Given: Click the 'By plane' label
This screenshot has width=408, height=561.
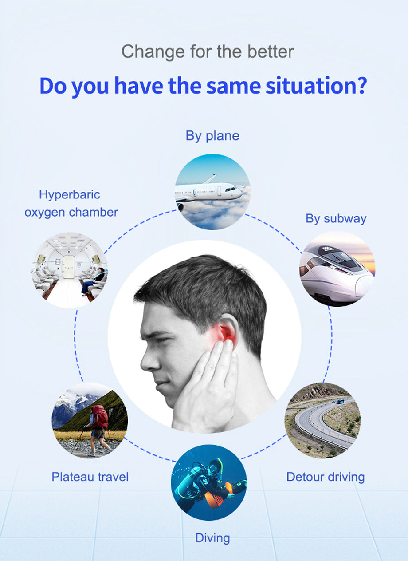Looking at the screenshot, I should point(212,136).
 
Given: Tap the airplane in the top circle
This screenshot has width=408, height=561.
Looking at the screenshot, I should point(208,191).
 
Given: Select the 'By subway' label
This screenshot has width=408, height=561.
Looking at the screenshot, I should point(336,218).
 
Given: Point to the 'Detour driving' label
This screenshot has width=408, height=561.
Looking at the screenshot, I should point(325,477).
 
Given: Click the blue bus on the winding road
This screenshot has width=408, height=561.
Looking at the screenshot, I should point(340,401).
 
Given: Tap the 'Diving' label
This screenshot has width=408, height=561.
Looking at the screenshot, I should point(212,538).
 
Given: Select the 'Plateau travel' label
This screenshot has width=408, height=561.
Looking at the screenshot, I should point(90,477).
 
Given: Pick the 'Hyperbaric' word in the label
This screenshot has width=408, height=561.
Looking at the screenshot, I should point(70,194).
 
